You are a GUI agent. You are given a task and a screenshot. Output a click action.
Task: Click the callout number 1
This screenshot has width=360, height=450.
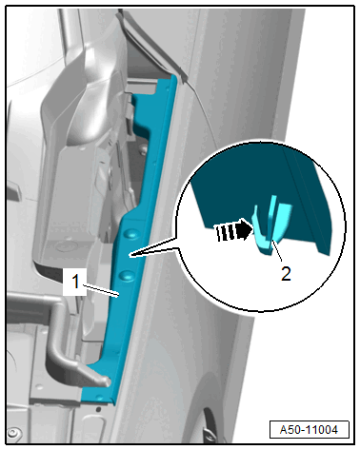tap(75, 282)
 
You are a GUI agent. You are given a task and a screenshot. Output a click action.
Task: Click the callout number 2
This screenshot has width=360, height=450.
tap(286, 273)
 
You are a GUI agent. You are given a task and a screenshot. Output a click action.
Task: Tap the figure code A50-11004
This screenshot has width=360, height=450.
tap(309, 430)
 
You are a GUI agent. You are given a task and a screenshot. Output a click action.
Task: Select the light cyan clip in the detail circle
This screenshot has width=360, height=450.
tap(271, 225)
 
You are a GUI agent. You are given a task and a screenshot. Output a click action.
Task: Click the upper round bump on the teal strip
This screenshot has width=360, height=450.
tap(132, 234)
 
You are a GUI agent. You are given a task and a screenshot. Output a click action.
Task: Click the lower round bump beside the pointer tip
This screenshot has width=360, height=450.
tap(127, 275)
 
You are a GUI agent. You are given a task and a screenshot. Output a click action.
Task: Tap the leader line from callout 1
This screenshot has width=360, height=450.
tap(101, 291)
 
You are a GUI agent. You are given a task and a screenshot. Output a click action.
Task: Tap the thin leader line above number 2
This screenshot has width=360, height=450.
tap(277, 251)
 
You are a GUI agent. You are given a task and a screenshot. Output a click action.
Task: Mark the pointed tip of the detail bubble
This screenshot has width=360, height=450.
tap(130, 255)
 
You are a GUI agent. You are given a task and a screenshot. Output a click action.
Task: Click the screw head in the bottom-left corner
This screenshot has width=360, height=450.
tap(12, 433)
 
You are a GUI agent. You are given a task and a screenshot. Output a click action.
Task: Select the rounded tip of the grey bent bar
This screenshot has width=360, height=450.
tap(106, 381)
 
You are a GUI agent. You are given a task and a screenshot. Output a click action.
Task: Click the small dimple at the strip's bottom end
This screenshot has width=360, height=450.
tap(101, 398)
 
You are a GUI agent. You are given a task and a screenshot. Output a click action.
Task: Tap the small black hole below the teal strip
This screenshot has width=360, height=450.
tap(98, 410)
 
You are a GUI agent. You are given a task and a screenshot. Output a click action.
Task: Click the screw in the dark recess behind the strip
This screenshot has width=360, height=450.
tap(144, 147)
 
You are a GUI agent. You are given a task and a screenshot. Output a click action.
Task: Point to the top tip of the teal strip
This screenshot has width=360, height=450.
tap(173, 76)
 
